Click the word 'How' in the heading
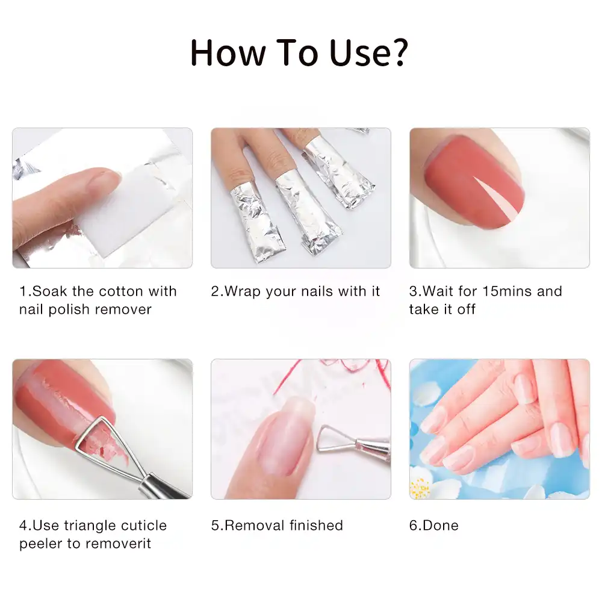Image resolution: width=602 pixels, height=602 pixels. pos(227,53)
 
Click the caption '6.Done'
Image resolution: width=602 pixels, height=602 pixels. pos(433,526)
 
